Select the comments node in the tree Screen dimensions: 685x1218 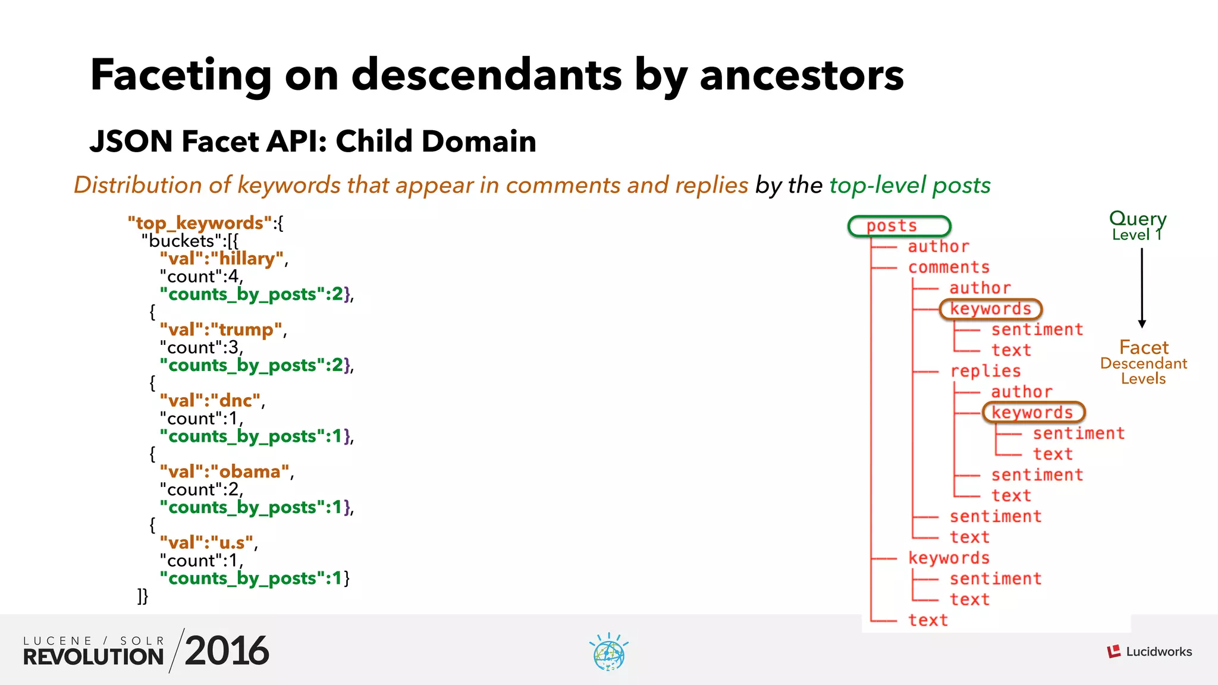pyautogui.click(x=949, y=268)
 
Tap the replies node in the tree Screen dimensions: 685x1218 pyautogui.click(x=985, y=371)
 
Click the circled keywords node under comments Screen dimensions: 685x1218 pyautogui.click(x=990, y=309)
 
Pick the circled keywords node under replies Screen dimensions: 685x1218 pyautogui.click(x=1032, y=413)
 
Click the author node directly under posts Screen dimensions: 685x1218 pyautogui.click(x=938, y=247)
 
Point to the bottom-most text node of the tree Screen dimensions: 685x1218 pyautogui.click(x=928, y=620)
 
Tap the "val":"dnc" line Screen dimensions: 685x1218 pyautogui.click(x=211, y=401)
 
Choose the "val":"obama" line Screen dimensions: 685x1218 pyautogui.click(x=225, y=472)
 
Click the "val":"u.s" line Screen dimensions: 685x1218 pyautogui.click(x=207, y=543)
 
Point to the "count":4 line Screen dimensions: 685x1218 pyautogui.click(x=201, y=276)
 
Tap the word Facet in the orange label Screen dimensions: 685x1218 pyautogui.click(x=1144, y=347)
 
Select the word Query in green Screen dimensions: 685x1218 pyautogui.click(x=1138, y=218)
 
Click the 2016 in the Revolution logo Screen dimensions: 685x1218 pyautogui.click(x=227, y=651)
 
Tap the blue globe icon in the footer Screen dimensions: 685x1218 pyautogui.click(x=609, y=653)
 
